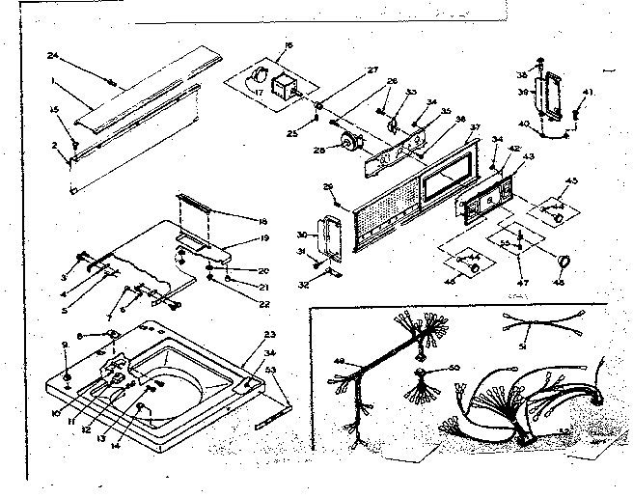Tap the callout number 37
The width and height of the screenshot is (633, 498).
[474, 125]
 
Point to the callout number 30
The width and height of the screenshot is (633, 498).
[303, 234]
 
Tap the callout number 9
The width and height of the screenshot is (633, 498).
[65, 345]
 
